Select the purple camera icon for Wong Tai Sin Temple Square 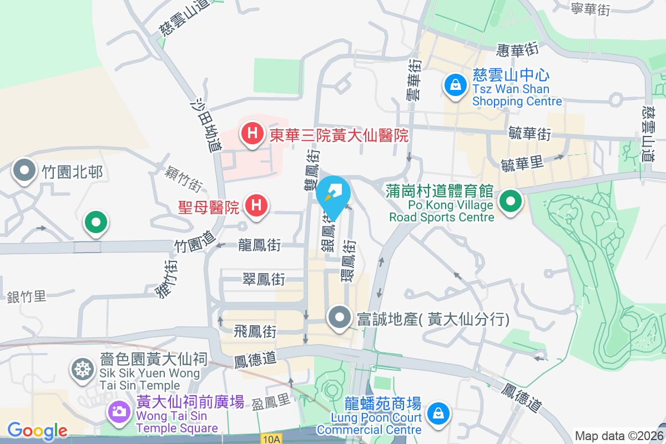118,411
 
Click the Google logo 37,431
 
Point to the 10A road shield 272,439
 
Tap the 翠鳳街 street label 264,280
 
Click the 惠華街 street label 518,51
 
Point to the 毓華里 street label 522,164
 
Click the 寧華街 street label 591,8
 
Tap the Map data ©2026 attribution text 619,436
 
